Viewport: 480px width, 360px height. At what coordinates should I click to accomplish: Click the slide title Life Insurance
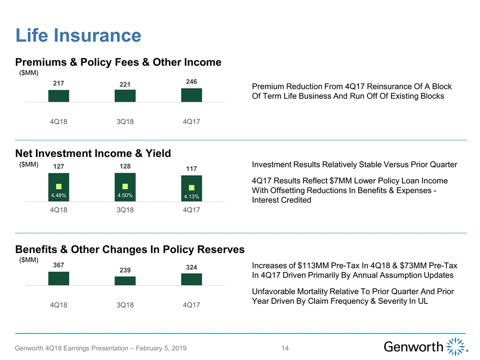pyautogui.click(x=78, y=35)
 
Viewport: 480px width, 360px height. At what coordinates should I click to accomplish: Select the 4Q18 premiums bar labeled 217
pyautogui.click(x=58, y=95)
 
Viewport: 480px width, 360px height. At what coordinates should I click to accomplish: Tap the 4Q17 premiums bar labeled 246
pyautogui.click(x=191, y=95)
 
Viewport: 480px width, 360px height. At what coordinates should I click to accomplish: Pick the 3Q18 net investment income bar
pyautogui.click(x=125, y=187)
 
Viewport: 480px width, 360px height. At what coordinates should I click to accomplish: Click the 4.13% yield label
pyautogui.click(x=191, y=197)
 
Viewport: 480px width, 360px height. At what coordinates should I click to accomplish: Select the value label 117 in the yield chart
pyautogui.click(x=191, y=169)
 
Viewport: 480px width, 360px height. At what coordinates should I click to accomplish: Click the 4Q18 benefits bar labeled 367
pyautogui.click(x=58, y=278)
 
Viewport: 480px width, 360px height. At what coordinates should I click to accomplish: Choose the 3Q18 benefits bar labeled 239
pyautogui.click(x=125, y=281)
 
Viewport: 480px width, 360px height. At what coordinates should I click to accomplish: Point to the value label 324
pyautogui.click(x=191, y=267)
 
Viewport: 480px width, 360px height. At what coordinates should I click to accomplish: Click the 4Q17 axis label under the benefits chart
pyautogui.click(x=191, y=304)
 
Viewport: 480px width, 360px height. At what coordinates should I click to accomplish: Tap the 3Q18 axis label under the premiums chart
pyautogui.click(x=125, y=121)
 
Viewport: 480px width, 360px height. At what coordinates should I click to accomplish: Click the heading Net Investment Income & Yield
pyautogui.click(x=93, y=153)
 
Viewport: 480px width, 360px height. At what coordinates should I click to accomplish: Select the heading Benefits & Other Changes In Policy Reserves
pyautogui.click(x=130, y=249)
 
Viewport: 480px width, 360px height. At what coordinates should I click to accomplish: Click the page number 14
pyautogui.click(x=285, y=348)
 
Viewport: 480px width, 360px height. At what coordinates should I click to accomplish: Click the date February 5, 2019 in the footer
pyautogui.click(x=158, y=348)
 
